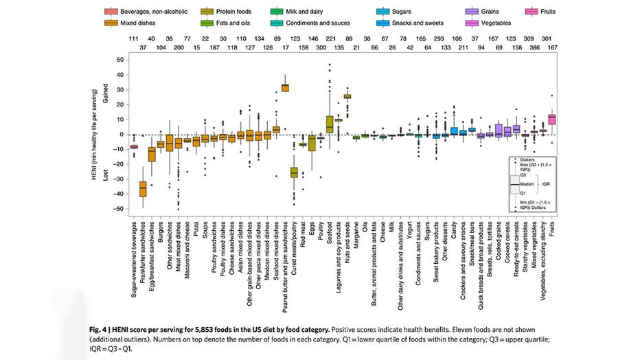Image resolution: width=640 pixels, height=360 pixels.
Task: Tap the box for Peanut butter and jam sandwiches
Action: pos(285,87)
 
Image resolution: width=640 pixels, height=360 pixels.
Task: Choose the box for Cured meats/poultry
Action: pos(294,172)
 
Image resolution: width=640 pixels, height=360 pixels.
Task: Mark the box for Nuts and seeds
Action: pos(347,96)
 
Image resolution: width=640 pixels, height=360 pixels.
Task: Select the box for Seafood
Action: pos(330,124)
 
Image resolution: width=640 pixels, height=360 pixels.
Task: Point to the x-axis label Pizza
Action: pos(196,228)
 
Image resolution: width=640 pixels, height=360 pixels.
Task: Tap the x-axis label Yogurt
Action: pos(410,230)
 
